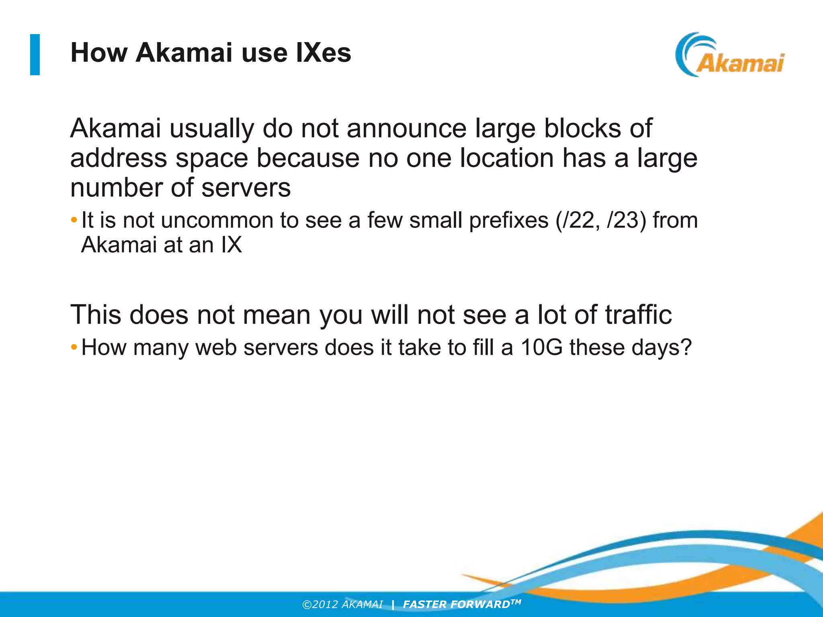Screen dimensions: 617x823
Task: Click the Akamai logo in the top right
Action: [730, 55]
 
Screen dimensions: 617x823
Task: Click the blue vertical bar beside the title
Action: [35, 55]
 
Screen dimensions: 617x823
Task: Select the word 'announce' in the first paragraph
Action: [406, 129]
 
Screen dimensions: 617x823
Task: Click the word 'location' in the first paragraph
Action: [507, 158]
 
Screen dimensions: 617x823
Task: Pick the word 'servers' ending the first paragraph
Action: [246, 188]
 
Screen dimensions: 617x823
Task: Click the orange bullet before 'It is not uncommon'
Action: [74, 220]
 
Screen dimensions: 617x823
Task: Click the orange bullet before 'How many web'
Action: [74, 347]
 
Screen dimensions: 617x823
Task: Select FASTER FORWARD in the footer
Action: [457, 605]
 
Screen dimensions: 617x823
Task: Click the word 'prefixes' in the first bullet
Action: [508, 221]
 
